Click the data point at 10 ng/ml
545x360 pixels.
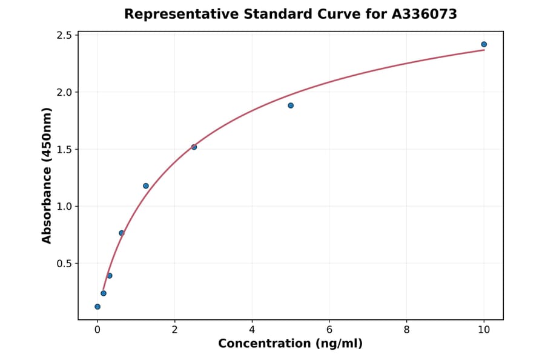tap(484, 44)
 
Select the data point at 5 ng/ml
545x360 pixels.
tap(291, 105)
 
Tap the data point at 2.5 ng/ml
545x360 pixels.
tap(194, 147)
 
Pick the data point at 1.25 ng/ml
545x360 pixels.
tap(146, 186)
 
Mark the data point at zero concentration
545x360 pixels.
tap(97, 307)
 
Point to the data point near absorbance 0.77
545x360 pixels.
tap(122, 233)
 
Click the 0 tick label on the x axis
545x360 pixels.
tap(97, 330)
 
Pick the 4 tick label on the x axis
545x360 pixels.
tap(252, 330)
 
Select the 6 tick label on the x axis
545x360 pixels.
tap(329, 330)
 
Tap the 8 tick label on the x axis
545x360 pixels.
tap(406, 330)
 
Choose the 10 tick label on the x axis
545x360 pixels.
tap(484, 330)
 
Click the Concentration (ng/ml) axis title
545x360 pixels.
tap(290, 344)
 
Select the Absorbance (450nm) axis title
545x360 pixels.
tap(47, 175)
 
